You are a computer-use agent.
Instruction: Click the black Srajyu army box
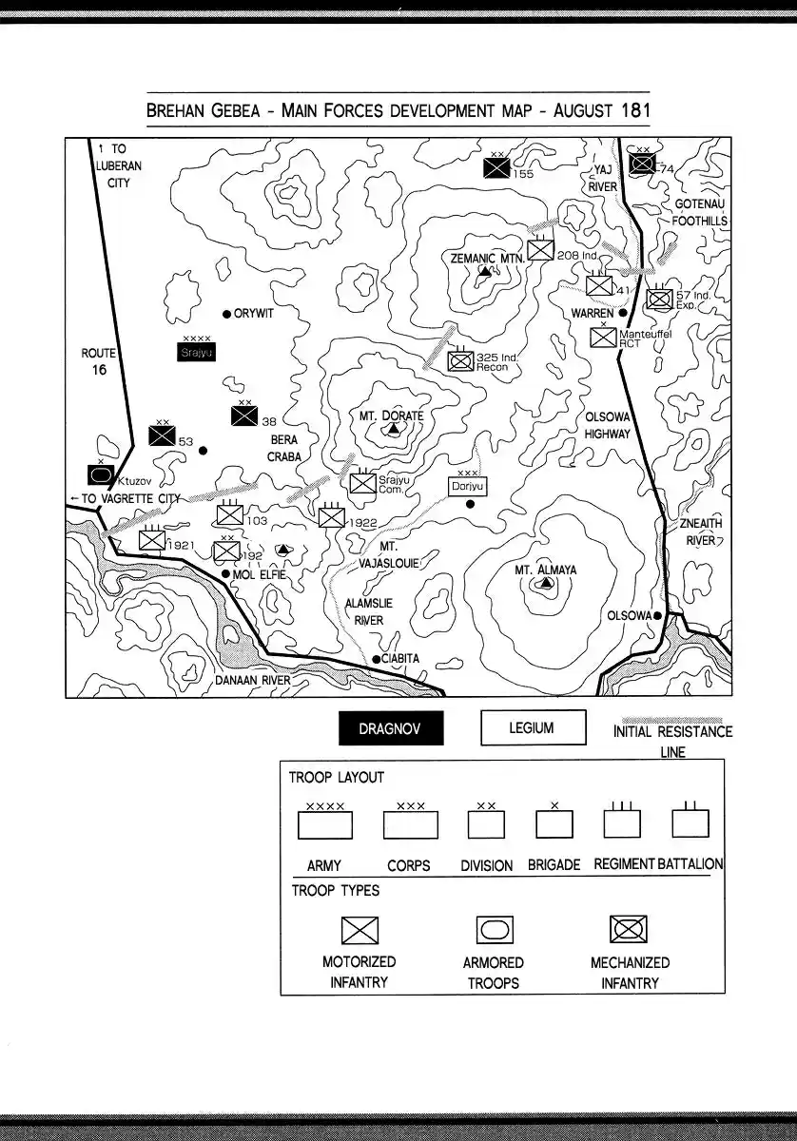198,353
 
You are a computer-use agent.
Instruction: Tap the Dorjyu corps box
468,486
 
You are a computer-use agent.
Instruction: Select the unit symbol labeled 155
496,168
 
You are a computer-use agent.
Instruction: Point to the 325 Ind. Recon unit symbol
461,361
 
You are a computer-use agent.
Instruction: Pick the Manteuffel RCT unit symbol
603,337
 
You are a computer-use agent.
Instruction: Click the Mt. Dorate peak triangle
392,430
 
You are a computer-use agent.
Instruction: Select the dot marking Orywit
226,314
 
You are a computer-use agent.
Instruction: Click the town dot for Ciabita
377,659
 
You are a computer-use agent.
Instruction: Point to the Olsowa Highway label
608,425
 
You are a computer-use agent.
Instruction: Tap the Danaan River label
252,681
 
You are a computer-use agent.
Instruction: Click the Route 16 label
99,361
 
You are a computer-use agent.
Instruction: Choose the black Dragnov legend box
391,729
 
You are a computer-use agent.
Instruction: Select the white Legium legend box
531,728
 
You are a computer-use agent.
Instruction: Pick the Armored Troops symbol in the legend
494,930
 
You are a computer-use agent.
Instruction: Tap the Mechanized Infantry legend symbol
628,929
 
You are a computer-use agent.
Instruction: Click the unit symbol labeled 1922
332,516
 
